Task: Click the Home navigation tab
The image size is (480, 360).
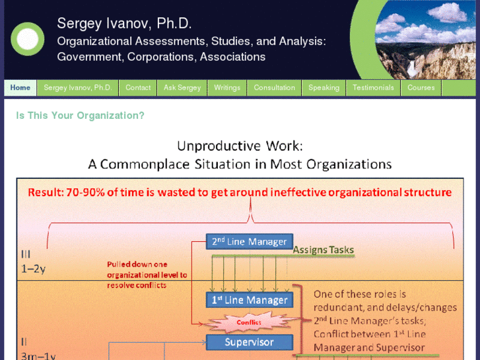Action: coord(20,87)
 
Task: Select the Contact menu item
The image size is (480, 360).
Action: coord(138,87)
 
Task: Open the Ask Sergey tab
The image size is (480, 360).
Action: coord(182,87)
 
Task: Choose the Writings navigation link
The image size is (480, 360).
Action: coord(227,87)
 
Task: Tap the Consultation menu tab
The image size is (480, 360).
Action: coord(275,87)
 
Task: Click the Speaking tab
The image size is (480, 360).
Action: coord(324,87)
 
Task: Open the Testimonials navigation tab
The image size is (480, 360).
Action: coord(373,87)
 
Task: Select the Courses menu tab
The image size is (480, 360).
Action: coord(421,87)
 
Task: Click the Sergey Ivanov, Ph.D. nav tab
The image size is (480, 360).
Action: coord(78,87)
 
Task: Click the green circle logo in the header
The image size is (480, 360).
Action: coord(28,39)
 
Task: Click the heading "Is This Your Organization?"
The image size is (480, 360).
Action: coord(80,116)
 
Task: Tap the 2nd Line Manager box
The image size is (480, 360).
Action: coord(249,242)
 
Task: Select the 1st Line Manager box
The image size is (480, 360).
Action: coord(249,300)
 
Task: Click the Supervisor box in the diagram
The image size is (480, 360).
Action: coord(249,342)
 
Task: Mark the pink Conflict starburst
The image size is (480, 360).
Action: coord(249,322)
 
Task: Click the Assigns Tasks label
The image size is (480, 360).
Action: coord(324,250)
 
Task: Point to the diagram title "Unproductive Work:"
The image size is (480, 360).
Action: coord(240,146)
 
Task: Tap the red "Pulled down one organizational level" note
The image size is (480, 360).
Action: coord(147,275)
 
